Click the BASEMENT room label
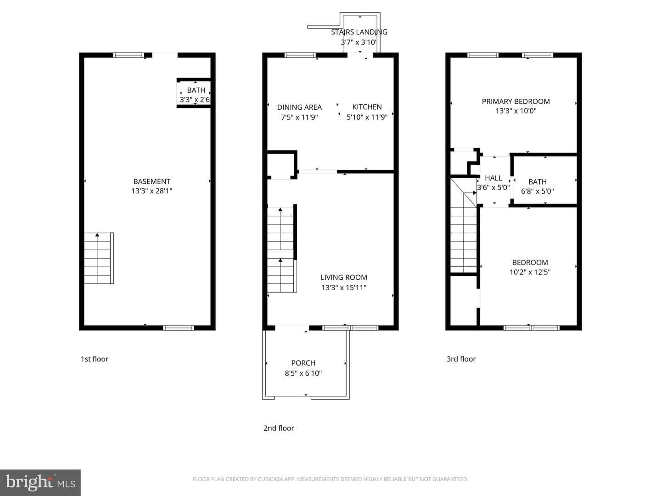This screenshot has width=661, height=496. [x=152, y=181]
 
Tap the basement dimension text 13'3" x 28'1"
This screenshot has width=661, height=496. [x=152, y=191]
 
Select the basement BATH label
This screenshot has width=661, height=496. [x=196, y=90]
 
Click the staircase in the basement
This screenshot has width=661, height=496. [x=99, y=258]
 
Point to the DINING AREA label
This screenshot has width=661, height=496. [x=299, y=107]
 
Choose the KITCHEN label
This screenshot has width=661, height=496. [x=367, y=107]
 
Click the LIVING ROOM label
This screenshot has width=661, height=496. [x=344, y=277]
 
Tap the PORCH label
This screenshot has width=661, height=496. [x=303, y=363]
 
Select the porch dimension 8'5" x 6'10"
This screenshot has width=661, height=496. [x=303, y=373]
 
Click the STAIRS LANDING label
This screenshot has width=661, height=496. [x=359, y=32]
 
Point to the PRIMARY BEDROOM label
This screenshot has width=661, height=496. [x=516, y=101]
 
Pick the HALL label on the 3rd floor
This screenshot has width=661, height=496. [x=493, y=178]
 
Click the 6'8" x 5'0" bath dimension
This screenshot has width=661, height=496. [x=538, y=191]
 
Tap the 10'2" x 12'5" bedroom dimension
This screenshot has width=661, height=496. [x=530, y=272]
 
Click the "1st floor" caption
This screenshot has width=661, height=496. [x=94, y=359]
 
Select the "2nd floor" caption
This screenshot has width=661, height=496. [x=279, y=428]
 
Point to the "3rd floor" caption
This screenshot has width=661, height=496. [x=461, y=359]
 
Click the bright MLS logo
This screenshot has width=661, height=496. [x=40, y=482]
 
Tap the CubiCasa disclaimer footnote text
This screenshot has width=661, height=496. [x=330, y=479]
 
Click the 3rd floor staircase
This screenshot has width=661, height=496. [x=464, y=226]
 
